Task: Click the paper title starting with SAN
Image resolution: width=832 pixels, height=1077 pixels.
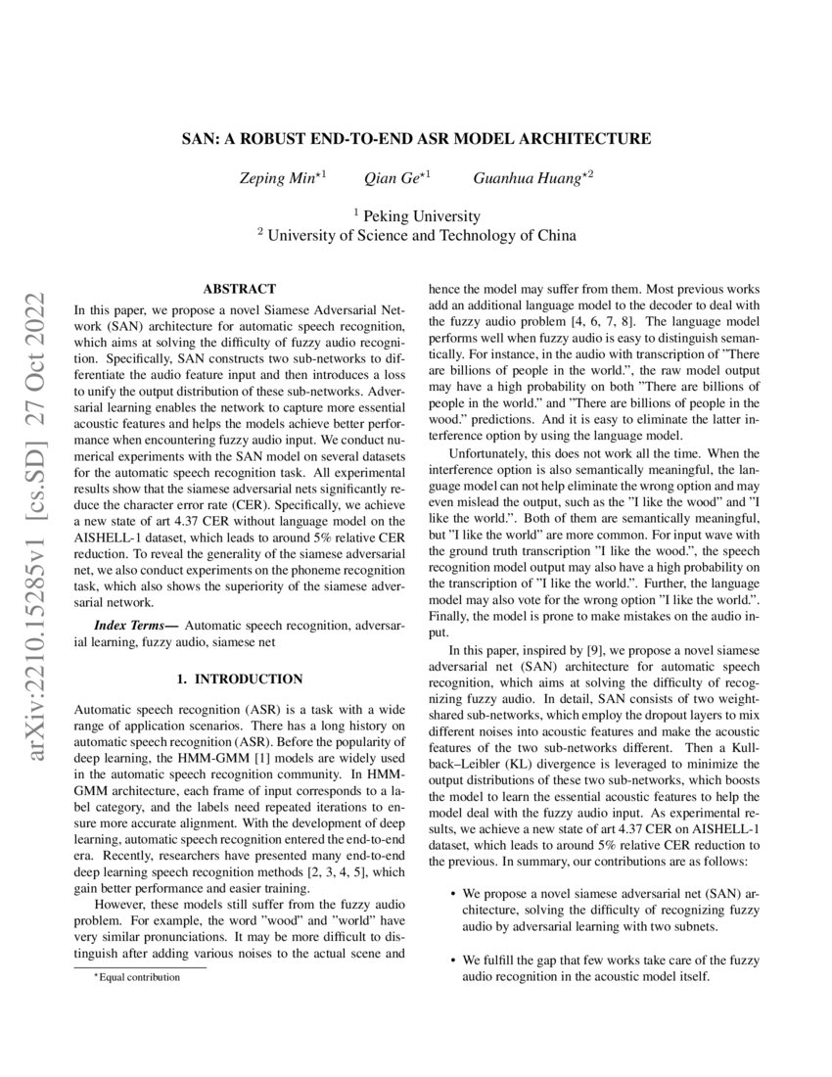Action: (x=416, y=139)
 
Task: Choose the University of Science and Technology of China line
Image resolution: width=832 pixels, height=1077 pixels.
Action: (x=416, y=235)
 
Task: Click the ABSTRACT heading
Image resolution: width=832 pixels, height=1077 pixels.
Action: (x=239, y=289)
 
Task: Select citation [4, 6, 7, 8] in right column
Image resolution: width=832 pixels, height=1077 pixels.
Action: (x=579, y=320)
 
